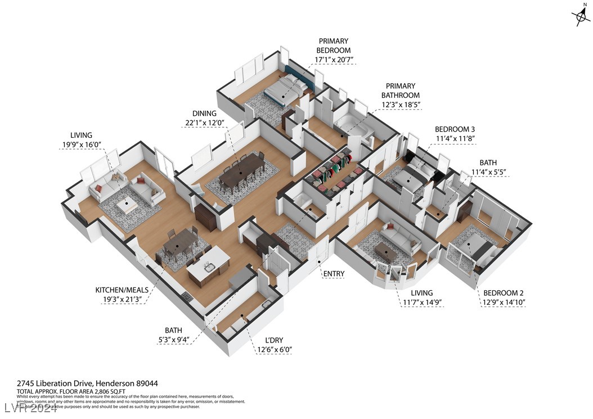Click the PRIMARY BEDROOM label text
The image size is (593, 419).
point(333,45)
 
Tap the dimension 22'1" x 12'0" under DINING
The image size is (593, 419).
point(204,124)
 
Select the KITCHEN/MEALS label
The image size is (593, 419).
point(122,290)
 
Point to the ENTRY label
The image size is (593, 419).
point(333,274)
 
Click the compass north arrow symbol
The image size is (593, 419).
point(579,16)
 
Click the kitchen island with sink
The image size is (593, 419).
point(208,265)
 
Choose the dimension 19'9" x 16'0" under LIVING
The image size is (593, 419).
point(86,145)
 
